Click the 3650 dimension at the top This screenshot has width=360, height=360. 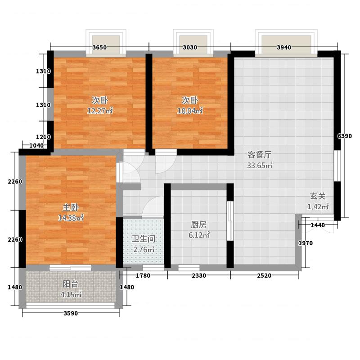99,47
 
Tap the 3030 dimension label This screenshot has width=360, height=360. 190,47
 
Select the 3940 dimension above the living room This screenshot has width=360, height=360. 284,47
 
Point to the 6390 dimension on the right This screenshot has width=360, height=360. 345,136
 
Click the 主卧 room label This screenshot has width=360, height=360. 71,207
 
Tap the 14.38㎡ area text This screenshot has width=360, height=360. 71,218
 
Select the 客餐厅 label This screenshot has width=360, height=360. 260,155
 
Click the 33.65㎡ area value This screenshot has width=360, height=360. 260,165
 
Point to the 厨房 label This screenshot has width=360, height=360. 199,225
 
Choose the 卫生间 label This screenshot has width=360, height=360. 144,239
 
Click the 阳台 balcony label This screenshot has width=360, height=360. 71,284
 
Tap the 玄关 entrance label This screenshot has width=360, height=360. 318,196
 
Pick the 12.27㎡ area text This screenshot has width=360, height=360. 100,111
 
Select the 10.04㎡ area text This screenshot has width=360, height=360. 190,111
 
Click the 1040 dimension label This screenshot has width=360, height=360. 36,145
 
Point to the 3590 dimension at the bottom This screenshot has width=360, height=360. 71,313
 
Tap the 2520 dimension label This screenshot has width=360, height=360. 264,275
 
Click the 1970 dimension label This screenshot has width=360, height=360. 306,243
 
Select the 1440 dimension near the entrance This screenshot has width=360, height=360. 318,225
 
